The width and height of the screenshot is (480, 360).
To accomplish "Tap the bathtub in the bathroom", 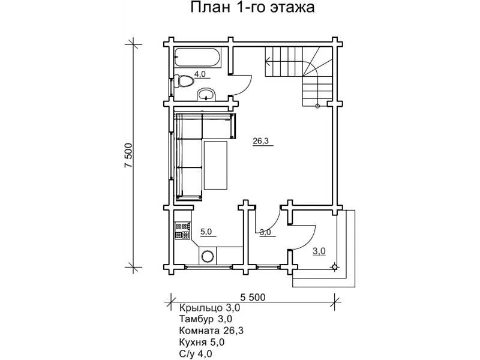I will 196,60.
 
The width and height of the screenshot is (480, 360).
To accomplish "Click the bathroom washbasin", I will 207,94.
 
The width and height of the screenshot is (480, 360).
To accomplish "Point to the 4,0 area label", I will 200,74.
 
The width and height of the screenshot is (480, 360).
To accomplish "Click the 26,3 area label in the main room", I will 261,142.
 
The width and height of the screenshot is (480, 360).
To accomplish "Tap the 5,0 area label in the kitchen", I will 206,231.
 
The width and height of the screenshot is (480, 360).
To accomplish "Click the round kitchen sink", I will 208,256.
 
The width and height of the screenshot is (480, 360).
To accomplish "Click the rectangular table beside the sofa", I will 215,165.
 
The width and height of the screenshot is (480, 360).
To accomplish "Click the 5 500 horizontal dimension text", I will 253,297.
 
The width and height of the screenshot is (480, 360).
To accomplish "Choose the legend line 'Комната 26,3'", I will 211,330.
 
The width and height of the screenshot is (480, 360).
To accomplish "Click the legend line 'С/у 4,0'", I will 196,353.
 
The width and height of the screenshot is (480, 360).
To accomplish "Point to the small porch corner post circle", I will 335,266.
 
